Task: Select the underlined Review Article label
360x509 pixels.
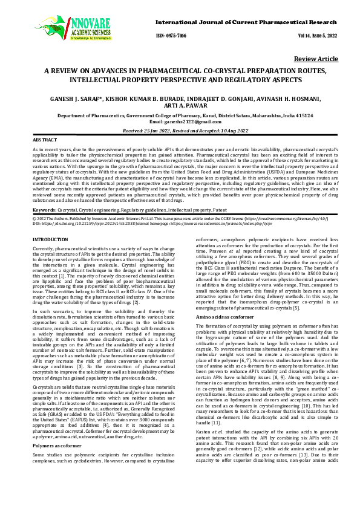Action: [316, 59]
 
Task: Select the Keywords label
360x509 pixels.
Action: [45, 209]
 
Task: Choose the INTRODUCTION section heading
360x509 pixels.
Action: [50, 240]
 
